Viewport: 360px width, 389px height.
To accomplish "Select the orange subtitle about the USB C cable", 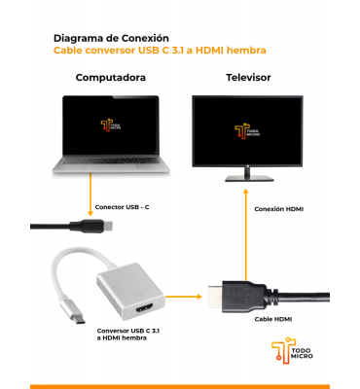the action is click(x=160, y=51).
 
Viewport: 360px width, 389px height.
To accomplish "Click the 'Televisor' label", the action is click(x=248, y=78).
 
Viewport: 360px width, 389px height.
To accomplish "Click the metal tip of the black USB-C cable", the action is click(x=136, y=226).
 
